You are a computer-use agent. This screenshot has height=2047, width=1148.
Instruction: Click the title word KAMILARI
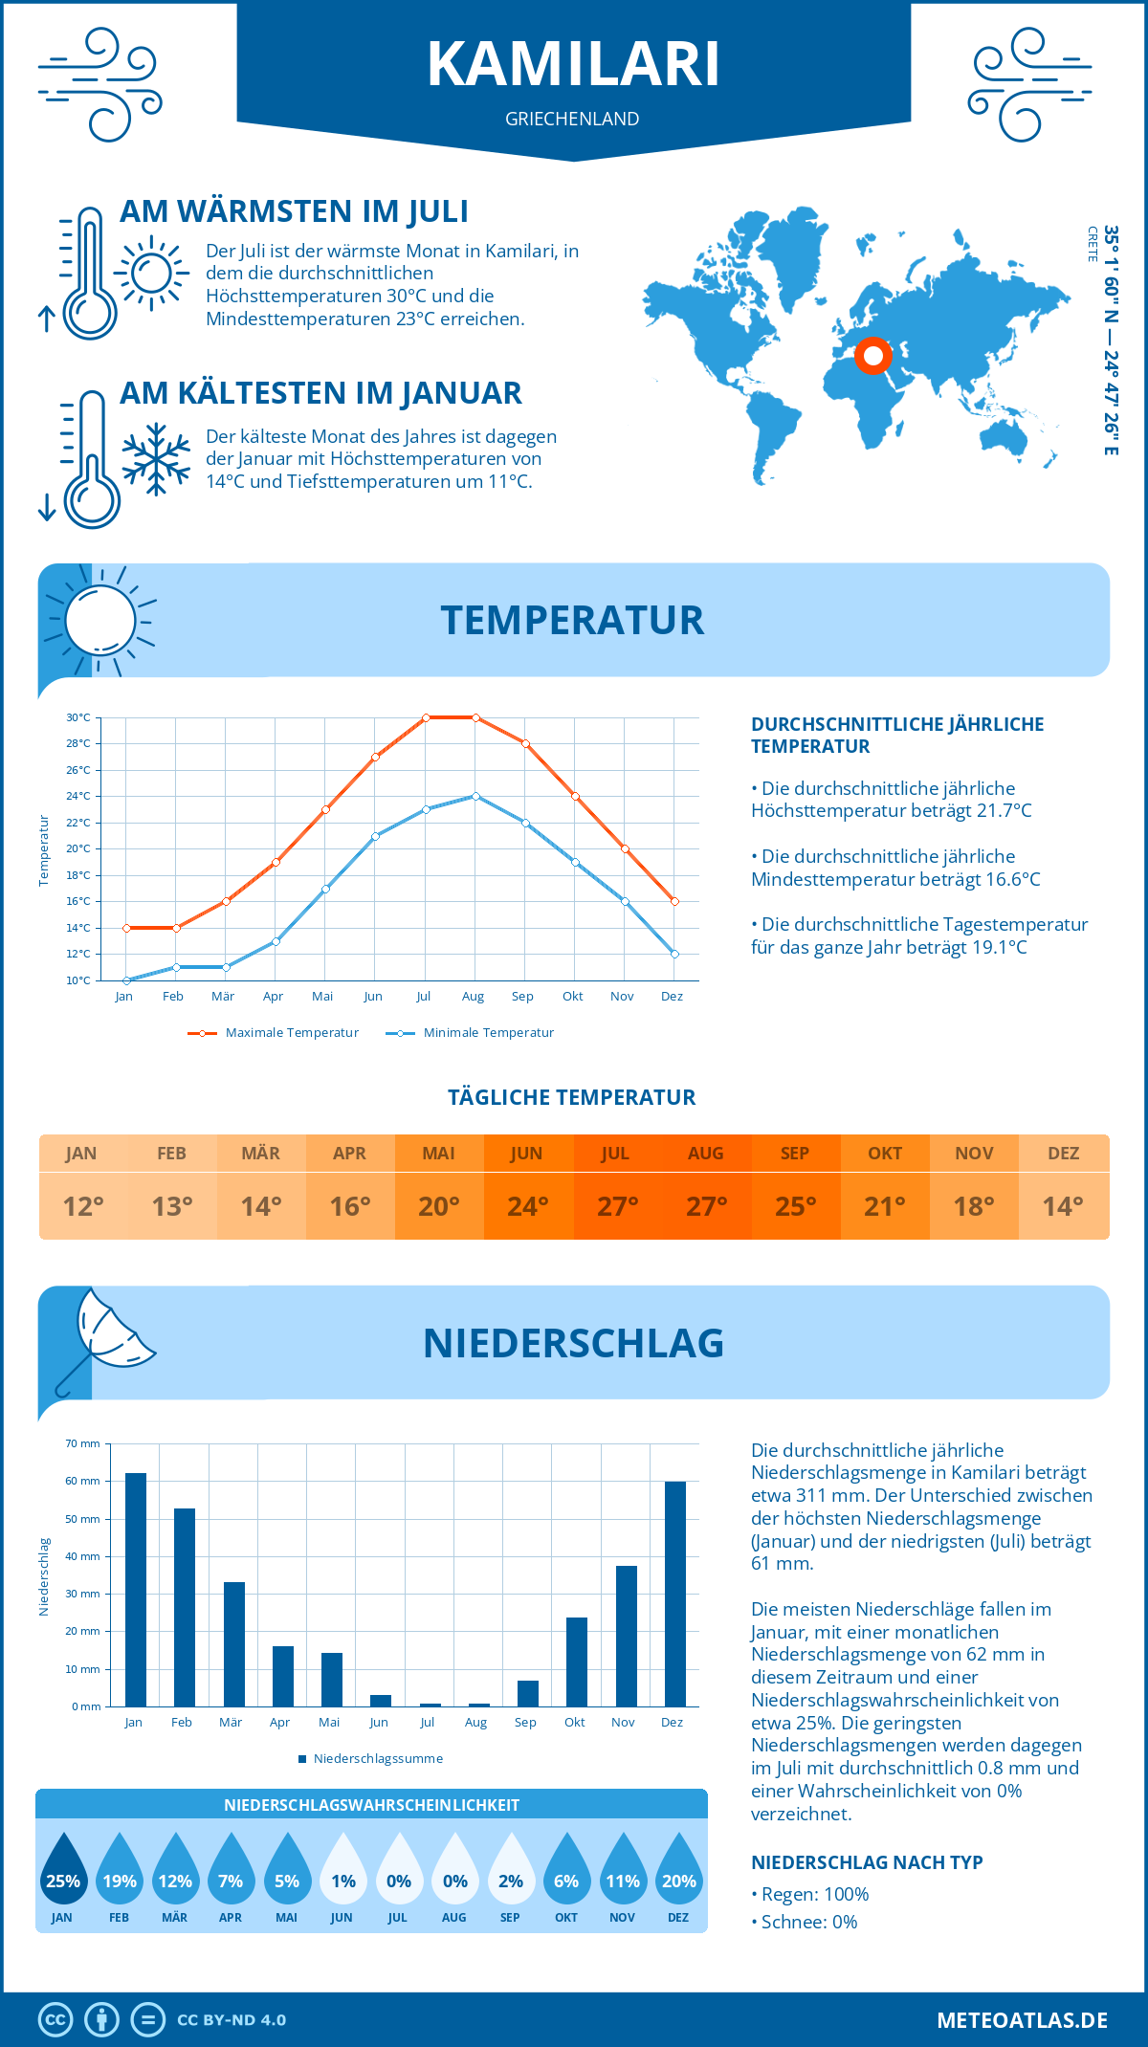tap(573, 64)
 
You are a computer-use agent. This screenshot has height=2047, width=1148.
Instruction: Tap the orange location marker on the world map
tap(872, 356)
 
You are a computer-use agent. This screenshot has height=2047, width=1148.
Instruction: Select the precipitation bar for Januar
tap(136, 1590)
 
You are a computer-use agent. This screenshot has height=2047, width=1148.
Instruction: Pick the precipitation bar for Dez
tap(675, 1594)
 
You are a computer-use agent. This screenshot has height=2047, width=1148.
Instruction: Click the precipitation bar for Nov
tap(626, 1636)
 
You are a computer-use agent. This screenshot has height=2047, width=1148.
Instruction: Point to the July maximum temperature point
tap(426, 717)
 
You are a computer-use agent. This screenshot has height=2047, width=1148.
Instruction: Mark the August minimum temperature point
tap(475, 796)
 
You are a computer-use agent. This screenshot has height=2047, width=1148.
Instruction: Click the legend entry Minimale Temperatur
tap(471, 1033)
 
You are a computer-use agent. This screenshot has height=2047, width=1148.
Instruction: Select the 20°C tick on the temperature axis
tap(78, 848)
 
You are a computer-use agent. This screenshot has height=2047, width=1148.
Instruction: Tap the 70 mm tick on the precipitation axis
tap(83, 1443)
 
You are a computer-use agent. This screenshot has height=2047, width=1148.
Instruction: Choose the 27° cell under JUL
tap(617, 1206)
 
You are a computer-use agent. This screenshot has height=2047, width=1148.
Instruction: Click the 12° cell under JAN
tap(83, 1206)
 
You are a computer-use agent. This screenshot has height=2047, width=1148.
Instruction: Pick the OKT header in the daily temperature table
tap(884, 1154)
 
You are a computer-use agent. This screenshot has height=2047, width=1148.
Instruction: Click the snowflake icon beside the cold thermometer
tap(156, 459)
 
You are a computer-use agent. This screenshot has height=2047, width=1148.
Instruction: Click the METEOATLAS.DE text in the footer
tap(1022, 2020)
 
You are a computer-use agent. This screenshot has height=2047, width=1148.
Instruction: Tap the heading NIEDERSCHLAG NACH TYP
tap(867, 1862)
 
